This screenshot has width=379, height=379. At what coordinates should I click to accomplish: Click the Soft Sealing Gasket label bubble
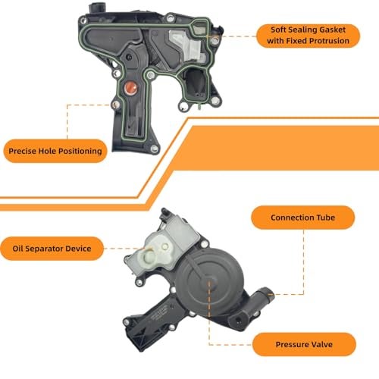click(x=308, y=36)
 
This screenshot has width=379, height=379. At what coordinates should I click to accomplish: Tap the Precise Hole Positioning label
click(x=55, y=151)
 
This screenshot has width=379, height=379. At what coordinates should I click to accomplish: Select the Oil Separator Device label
click(x=52, y=249)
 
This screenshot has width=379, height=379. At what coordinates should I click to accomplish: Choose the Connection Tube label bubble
click(x=303, y=218)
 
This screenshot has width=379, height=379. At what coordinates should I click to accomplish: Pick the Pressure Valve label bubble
click(x=304, y=344)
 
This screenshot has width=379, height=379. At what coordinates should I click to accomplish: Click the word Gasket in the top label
click(x=331, y=30)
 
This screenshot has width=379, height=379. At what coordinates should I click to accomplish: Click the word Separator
click(x=41, y=249)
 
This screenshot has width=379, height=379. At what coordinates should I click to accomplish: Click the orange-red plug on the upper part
click(x=130, y=88)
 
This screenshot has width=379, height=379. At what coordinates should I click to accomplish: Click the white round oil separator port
click(x=149, y=255)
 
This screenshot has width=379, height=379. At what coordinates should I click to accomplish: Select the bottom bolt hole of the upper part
click(x=154, y=149)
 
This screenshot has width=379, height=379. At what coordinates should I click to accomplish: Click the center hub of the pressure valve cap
click(x=210, y=281)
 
